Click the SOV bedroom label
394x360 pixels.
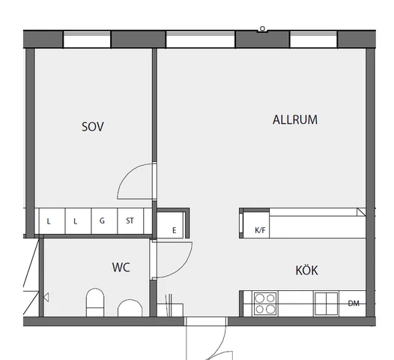92,127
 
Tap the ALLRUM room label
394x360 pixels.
295,120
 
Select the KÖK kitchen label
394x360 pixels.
306,270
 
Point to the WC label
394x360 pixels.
121,267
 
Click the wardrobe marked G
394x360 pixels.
104,221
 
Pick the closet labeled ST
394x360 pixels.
130,221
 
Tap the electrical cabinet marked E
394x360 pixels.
170,225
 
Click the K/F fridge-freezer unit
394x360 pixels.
256,225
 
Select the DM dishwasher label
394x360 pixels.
354,304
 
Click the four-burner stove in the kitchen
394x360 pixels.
265,304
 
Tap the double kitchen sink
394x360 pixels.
326,304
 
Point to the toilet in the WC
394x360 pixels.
95,302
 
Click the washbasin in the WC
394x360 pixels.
130,308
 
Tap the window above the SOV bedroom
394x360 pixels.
87,40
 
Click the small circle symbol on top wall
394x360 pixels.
262,28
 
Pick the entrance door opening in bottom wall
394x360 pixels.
205,322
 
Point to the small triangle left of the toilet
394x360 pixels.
46,297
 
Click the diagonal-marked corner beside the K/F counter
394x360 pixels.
361,211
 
